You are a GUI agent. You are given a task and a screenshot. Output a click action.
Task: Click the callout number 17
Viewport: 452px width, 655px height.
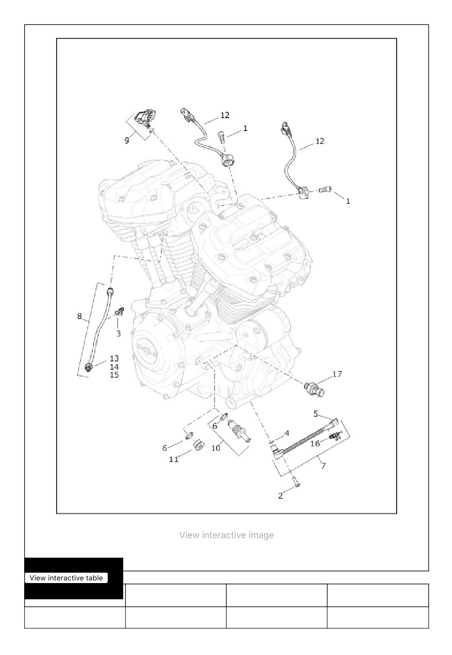[x=337, y=374]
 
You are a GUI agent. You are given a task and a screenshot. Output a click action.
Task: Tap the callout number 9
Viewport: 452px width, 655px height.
[x=126, y=141]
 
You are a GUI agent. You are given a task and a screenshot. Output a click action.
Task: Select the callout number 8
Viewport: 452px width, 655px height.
[x=79, y=316]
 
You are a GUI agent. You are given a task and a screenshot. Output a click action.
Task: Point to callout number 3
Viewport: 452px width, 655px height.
[x=119, y=334]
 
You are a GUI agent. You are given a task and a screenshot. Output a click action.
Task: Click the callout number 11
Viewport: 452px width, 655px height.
[x=174, y=459]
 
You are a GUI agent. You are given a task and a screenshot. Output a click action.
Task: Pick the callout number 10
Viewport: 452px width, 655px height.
[x=216, y=447]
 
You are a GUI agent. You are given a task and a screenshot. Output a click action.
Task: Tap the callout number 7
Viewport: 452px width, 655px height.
[x=324, y=465]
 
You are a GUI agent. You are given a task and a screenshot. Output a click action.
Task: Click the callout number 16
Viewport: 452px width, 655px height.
[x=315, y=444]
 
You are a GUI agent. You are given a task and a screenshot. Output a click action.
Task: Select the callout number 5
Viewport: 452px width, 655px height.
[x=316, y=414]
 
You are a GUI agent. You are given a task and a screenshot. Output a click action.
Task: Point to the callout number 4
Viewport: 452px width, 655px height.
[x=287, y=433]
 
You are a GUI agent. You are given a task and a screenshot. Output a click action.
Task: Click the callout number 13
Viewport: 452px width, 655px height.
[x=114, y=358]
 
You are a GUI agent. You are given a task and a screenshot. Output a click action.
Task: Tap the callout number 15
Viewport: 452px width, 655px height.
[x=114, y=375]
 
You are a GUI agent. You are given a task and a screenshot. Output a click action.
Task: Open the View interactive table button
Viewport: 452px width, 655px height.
[x=67, y=578]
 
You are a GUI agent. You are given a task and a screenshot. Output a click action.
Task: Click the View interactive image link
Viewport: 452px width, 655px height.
[x=227, y=535]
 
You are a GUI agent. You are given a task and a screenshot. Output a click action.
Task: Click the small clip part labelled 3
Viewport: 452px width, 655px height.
[x=119, y=312]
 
